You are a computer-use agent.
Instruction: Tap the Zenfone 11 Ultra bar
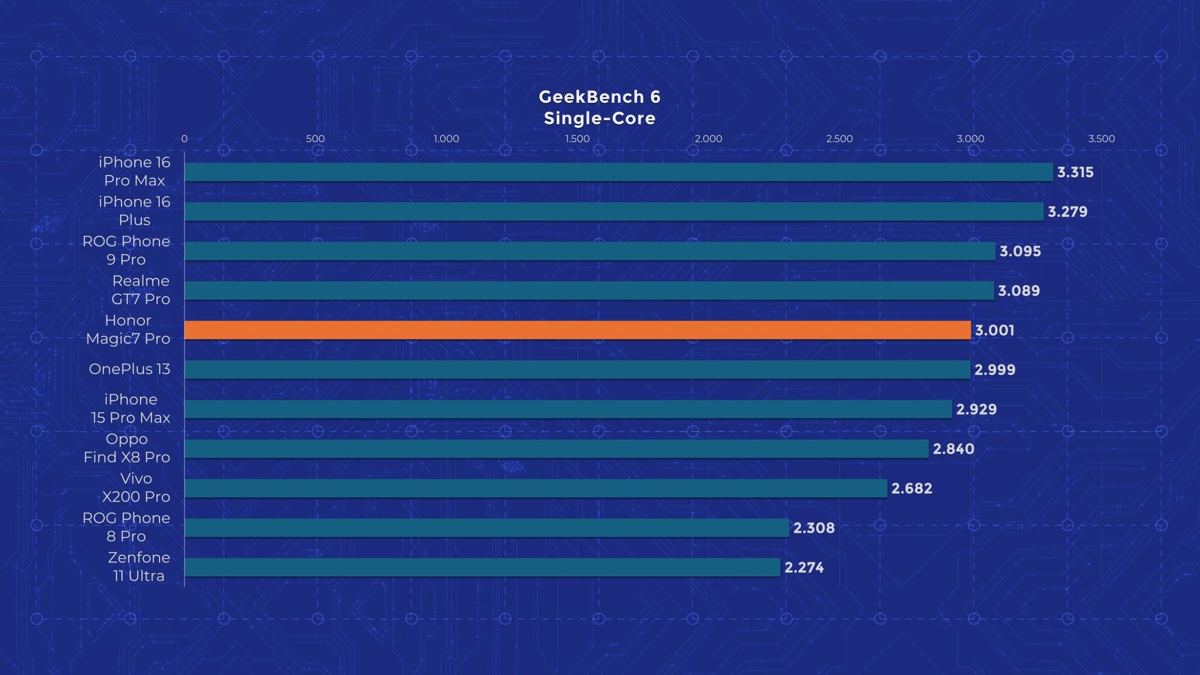pos(482,567)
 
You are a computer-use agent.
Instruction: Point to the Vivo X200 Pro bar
pos(535,488)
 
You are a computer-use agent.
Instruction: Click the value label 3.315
pos(1075,172)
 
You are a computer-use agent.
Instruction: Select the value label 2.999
pos(995,369)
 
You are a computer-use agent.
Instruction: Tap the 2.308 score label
pos(814,528)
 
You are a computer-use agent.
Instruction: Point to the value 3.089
pos(1019,290)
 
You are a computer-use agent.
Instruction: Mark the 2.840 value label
pos(953,448)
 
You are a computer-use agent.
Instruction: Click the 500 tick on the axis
pos(315,139)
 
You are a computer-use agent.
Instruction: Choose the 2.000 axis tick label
pos(708,139)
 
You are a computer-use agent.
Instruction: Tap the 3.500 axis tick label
pos(1101,139)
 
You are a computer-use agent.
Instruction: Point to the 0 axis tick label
pos(184,139)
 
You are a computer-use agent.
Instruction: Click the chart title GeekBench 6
pos(600,97)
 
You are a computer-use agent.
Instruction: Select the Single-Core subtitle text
pos(600,118)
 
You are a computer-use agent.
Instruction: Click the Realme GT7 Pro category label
pos(141,289)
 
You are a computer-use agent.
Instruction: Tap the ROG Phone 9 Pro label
pos(126,250)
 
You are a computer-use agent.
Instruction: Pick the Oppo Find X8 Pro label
pos(127,447)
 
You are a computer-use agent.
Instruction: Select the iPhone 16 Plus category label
pos(134,210)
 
